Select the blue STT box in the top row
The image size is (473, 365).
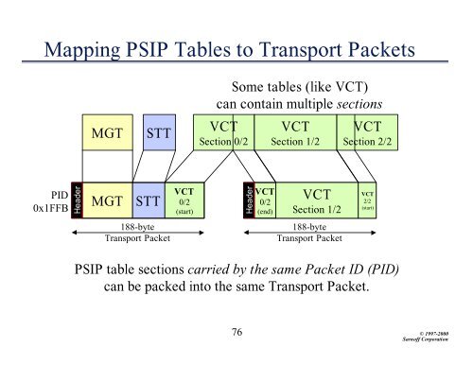[156, 134]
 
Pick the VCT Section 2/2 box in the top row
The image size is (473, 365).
[375, 134]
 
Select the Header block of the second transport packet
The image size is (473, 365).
[249, 200]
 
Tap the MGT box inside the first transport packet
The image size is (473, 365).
[109, 200]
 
